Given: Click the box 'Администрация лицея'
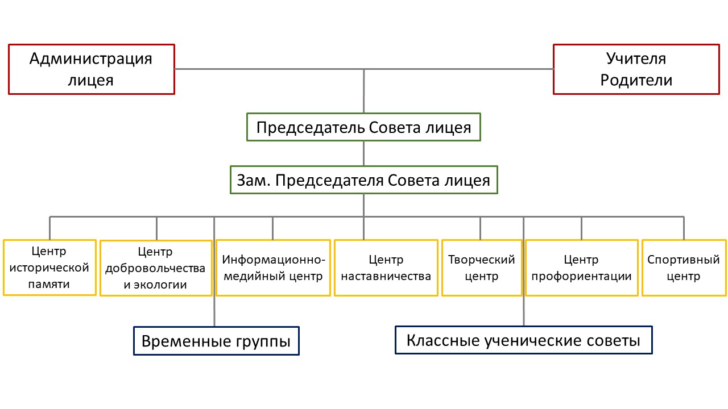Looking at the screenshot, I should [x=91, y=69].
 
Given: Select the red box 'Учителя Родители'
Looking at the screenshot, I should [x=636, y=69].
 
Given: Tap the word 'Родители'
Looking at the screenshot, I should [x=636, y=80].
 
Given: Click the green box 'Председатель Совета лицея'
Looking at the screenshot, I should [x=363, y=127].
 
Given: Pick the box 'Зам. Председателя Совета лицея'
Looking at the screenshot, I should [x=363, y=181].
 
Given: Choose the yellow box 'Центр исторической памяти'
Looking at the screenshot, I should [x=49, y=268].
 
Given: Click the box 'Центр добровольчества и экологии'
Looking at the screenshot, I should [x=155, y=268].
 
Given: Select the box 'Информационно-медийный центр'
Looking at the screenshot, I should [x=273, y=268].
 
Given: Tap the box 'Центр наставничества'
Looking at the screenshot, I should [x=386, y=268].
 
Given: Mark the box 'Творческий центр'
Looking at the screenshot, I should [x=481, y=268].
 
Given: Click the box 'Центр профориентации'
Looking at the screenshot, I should [x=581, y=268].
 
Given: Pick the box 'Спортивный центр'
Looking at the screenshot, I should [x=684, y=268].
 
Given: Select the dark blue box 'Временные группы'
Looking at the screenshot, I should [x=216, y=341].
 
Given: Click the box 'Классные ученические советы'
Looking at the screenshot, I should [x=523, y=340].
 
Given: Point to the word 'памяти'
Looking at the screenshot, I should [x=49, y=284].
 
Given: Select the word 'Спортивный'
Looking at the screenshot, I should [x=684, y=260].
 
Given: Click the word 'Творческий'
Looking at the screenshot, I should [x=481, y=260].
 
